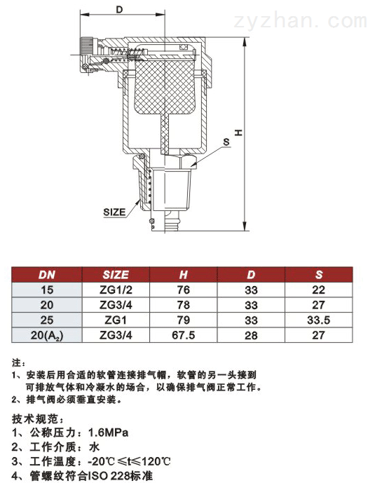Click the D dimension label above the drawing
coord(119,9)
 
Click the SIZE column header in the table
coord(116,275)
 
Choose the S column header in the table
coord(319,275)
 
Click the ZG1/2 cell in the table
coord(116,290)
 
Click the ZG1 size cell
coord(116,320)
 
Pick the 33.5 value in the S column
coord(319,320)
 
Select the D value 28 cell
coord(250,335)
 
